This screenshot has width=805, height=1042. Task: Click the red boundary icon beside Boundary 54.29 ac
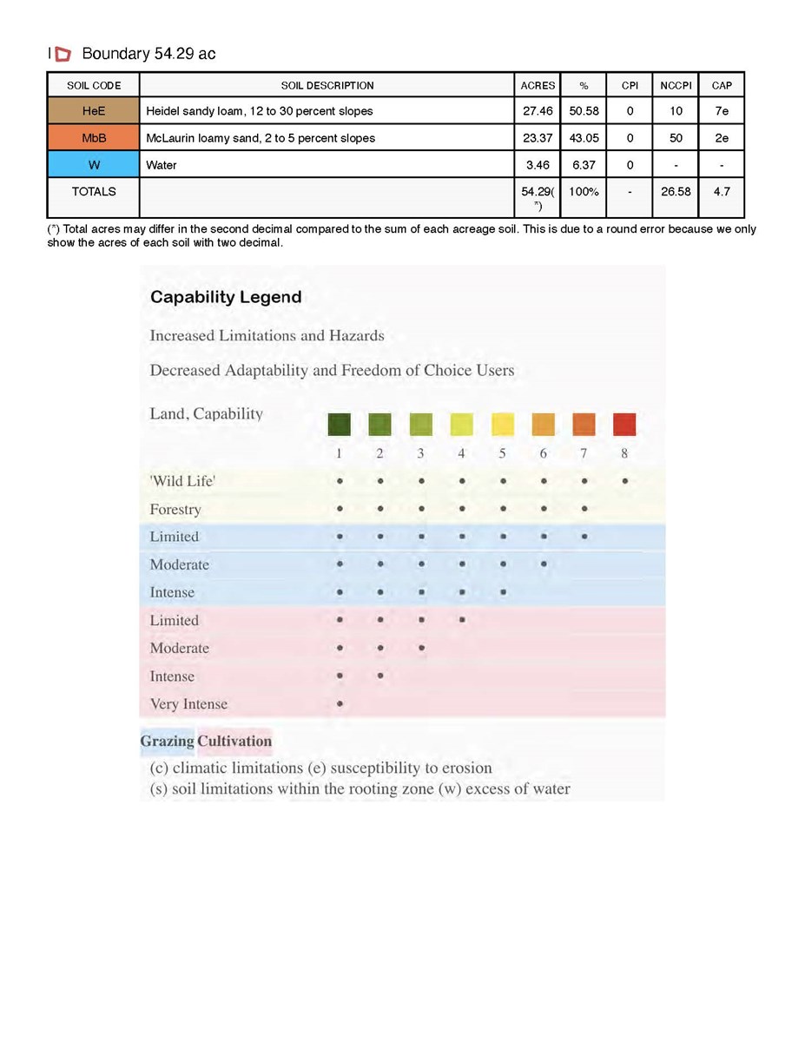point(63,55)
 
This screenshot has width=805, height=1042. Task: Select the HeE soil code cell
point(93,111)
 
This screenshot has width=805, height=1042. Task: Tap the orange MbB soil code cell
point(93,138)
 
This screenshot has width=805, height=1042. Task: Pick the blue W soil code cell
point(93,165)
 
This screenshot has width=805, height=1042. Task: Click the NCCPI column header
point(676,85)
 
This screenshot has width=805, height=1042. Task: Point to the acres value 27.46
point(538,111)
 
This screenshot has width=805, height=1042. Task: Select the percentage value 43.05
point(584,138)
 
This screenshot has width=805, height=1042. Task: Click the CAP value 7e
point(721,111)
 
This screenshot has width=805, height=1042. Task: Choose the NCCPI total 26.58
point(676,191)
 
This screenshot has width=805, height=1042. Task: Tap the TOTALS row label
point(93,191)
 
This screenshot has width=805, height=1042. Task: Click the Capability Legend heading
point(226,297)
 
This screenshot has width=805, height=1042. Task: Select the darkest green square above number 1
point(340,425)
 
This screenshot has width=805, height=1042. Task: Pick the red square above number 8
point(624,425)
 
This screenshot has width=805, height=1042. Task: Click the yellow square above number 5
point(503,425)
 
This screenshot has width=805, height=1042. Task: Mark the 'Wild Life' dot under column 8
point(625,480)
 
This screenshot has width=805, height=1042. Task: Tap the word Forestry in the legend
point(175,510)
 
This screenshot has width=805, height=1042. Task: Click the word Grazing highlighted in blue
point(168,742)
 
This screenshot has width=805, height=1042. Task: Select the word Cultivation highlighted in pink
point(234,742)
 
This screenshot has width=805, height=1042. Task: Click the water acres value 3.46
point(538,165)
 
